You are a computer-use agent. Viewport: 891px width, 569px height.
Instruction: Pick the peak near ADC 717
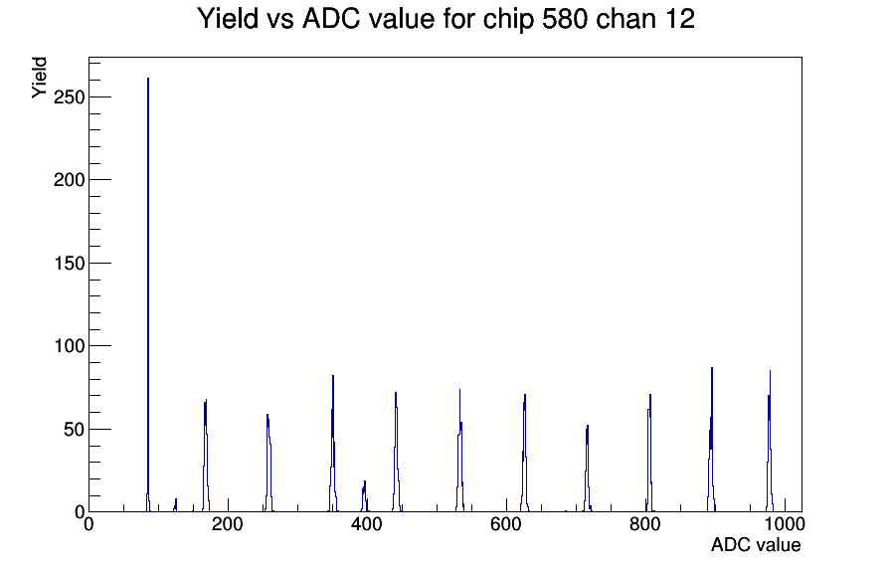click(x=587, y=469)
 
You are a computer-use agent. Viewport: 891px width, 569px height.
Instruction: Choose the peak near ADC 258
click(x=268, y=464)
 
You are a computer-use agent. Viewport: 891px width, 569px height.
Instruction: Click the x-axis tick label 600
click(x=506, y=524)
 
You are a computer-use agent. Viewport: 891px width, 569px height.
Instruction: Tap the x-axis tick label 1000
click(x=785, y=524)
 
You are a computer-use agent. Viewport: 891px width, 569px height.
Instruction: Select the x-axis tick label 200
click(x=228, y=524)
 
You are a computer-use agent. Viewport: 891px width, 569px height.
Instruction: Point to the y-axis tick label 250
click(x=69, y=97)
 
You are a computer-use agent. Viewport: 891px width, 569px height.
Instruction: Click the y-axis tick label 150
click(x=69, y=264)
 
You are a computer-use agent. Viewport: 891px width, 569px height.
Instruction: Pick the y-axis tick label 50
click(x=74, y=429)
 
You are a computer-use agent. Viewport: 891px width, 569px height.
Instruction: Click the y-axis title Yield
click(x=39, y=78)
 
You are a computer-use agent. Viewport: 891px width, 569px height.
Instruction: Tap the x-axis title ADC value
click(x=756, y=545)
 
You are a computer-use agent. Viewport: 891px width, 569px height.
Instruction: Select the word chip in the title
click(x=508, y=20)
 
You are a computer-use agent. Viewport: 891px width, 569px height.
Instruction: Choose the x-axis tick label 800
click(x=645, y=524)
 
